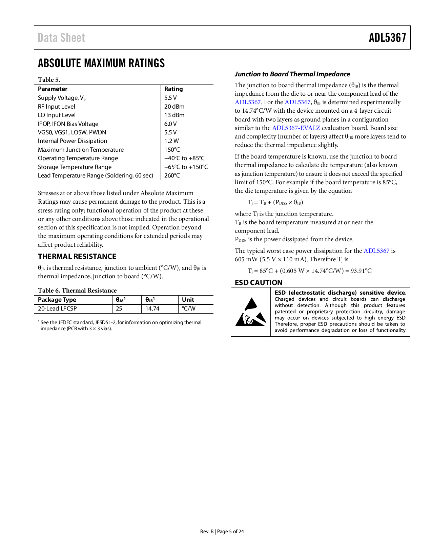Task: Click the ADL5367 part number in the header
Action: pyautogui.click(x=387, y=38)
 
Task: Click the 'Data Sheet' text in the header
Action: pyautogui.click(x=61, y=38)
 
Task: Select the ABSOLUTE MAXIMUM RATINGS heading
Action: pyautogui.click(x=101, y=63)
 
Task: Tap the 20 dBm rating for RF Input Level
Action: pyautogui.click(x=174, y=107)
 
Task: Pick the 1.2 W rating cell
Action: pyautogui.click(x=171, y=141)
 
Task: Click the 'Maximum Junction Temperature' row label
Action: pyautogui.click(x=81, y=150)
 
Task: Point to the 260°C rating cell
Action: pyautogui.click(x=172, y=175)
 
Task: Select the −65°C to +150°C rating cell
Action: pyautogui.click(x=186, y=167)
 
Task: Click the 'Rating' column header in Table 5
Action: pyautogui.click(x=173, y=89)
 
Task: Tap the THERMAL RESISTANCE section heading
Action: pyautogui.click(x=77, y=257)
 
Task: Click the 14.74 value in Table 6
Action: pyautogui.click(x=152, y=309)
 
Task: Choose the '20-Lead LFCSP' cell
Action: pyautogui.click(x=57, y=309)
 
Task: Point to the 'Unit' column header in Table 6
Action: pyautogui.click(x=188, y=300)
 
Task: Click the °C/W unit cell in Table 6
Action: pyautogui.click(x=188, y=309)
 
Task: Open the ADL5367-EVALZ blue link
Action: pyautogui.click(x=296, y=128)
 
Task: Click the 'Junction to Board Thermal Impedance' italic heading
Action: pyautogui.click(x=292, y=74)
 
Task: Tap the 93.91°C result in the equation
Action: pyautogui.click(x=359, y=271)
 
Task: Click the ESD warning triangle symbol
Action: pyautogui.click(x=251, y=312)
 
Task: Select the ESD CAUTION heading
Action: pyautogui.click(x=258, y=283)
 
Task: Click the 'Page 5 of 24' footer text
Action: pyautogui.click(x=230, y=531)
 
